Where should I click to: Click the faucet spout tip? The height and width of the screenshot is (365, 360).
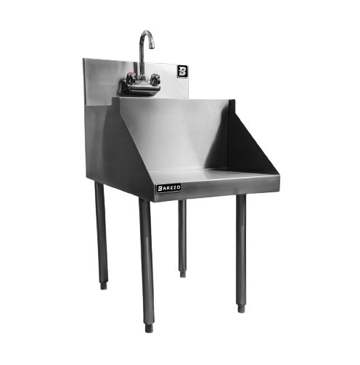tap(151, 46)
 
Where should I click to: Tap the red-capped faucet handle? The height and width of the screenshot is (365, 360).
tap(131, 78)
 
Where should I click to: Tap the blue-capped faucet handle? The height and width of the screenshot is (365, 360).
tap(155, 79)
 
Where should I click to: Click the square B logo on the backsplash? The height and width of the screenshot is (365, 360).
tap(182, 71)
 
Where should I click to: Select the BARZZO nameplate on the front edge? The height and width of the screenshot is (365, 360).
tap(168, 188)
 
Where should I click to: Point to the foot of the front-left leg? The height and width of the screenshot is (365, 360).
tap(149, 328)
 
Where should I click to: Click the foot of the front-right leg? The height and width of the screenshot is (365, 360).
tap(241, 308)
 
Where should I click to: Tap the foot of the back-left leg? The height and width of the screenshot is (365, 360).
tap(104, 285)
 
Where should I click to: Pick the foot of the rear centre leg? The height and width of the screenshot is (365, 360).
tap(183, 274)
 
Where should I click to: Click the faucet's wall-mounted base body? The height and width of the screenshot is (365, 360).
tap(140, 89)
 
